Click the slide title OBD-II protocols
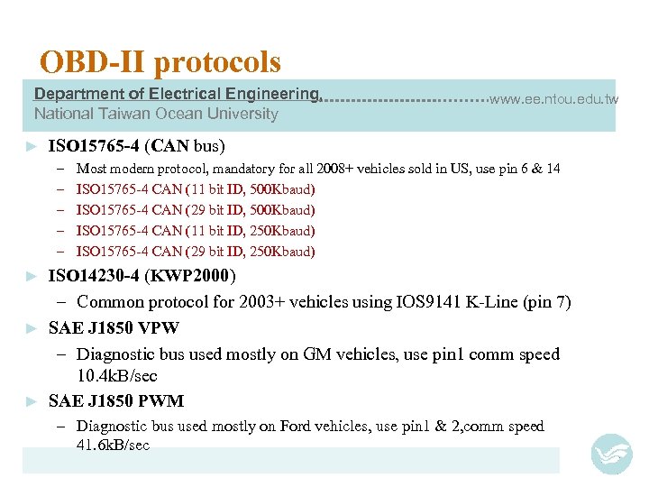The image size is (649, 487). tap(160, 62)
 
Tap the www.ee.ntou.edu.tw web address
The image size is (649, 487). tap(553, 99)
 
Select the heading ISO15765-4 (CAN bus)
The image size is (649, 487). tap(136, 145)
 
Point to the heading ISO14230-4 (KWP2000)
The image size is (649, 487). tap(142, 275)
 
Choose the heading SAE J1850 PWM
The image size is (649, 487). tap(115, 400)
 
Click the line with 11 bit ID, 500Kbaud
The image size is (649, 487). tap(196, 189)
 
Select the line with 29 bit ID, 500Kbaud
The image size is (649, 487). tap(196, 210)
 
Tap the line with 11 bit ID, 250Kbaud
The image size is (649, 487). tap(196, 231)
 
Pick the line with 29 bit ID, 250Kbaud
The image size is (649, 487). tap(196, 252)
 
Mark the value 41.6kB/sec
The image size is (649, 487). tap(113, 446)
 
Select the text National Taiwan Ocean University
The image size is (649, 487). tap(156, 114)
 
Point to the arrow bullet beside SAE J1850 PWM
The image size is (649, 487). tap(32, 401)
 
